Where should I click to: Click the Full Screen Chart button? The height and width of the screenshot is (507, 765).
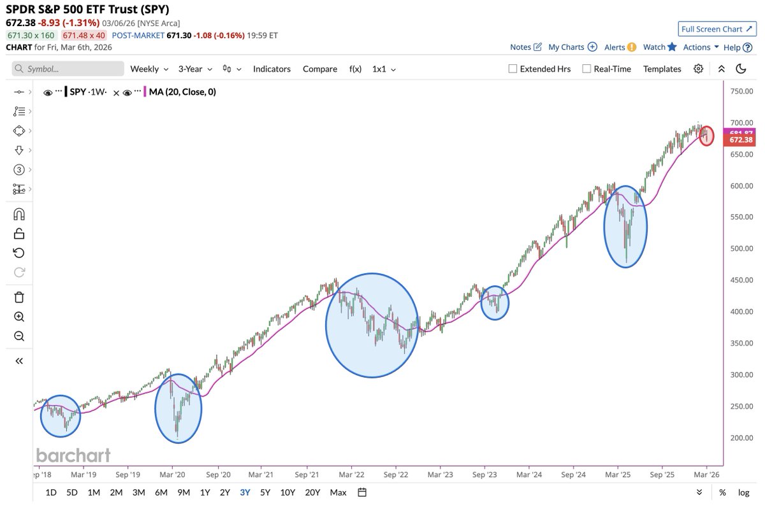click(717, 29)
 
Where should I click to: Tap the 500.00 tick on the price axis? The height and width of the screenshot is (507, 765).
click(741, 249)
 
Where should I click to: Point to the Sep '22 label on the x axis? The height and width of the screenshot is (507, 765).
click(397, 475)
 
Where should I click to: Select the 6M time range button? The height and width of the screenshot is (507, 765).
click(161, 492)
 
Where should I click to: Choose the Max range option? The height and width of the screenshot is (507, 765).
click(339, 492)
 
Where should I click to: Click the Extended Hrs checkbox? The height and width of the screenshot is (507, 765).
click(513, 69)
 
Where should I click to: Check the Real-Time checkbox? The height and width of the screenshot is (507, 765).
click(586, 69)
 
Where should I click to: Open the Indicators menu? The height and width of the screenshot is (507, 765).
click(272, 69)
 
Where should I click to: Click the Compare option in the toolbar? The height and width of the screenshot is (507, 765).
click(320, 69)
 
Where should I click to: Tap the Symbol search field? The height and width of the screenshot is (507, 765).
click(69, 69)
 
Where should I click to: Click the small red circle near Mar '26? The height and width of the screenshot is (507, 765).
click(706, 136)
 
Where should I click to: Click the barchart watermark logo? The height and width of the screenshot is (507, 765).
click(73, 455)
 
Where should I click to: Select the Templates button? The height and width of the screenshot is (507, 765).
click(662, 69)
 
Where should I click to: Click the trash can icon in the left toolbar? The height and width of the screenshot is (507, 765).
click(19, 297)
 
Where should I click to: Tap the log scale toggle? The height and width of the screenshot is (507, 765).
click(744, 492)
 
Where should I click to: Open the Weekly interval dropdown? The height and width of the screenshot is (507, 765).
click(149, 69)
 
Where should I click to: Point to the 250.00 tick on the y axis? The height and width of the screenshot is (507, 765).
click(741, 406)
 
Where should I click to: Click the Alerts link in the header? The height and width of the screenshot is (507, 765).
click(615, 47)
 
